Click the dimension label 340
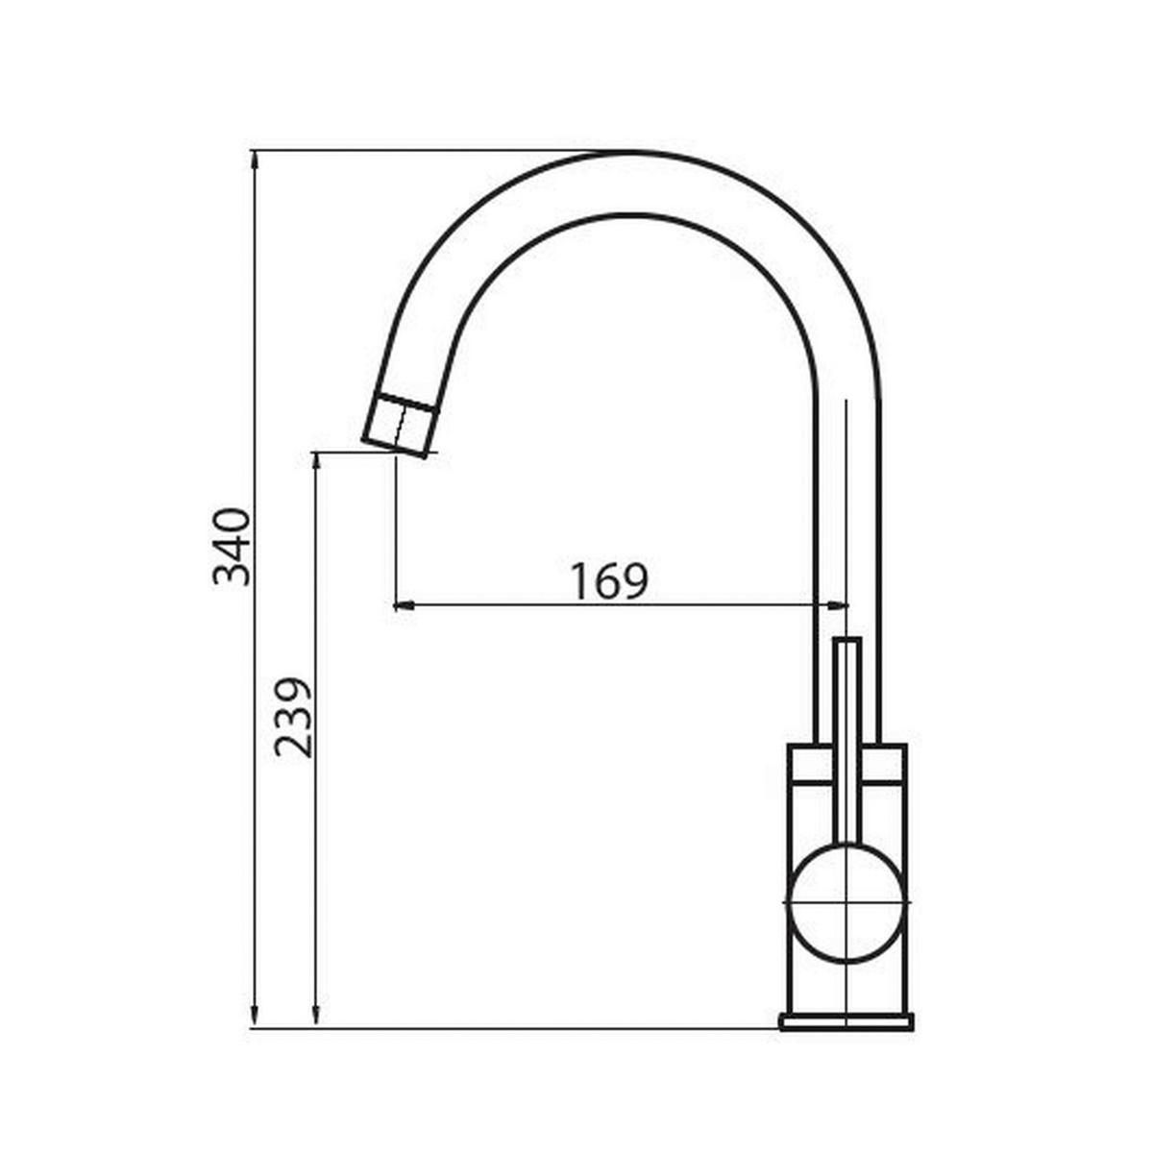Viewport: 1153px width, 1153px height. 232,547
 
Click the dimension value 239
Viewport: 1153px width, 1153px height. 293,718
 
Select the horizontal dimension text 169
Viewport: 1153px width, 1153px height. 609,580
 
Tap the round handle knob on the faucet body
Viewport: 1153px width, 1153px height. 846,903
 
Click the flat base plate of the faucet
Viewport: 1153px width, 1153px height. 846,1021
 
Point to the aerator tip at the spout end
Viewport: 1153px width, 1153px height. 400,425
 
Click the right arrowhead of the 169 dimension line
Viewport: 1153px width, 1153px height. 839,605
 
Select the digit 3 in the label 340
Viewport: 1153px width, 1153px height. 232,573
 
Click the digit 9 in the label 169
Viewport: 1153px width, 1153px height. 634,580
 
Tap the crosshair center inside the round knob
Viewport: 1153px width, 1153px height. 845,904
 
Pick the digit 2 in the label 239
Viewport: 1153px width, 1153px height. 293,744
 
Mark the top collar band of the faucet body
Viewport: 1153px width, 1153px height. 846,764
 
